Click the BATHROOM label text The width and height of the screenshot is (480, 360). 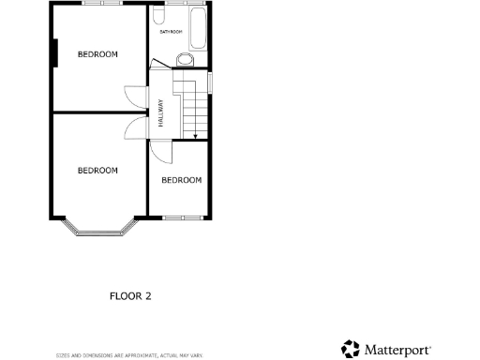click(x=171, y=32)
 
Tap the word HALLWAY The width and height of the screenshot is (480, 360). click(x=160, y=113)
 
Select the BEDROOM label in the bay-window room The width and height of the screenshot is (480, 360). click(x=97, y=170)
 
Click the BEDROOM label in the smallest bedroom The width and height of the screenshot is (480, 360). click(x=181, y=180)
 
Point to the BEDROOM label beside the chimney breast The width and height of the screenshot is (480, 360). click(x=97, y=54)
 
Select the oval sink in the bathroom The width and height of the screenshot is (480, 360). click(x=186, y=61)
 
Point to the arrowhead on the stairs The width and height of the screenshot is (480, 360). click(x=195, y=138)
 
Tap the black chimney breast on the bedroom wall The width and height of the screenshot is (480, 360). click(x=57, y=52)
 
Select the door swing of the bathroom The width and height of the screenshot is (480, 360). click(x=157, y=64)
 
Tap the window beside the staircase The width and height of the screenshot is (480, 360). click(x=209, y=82)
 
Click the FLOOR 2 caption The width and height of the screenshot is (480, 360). click(x=130, y=296)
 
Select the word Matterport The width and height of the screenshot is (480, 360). click(x=398, y=350)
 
